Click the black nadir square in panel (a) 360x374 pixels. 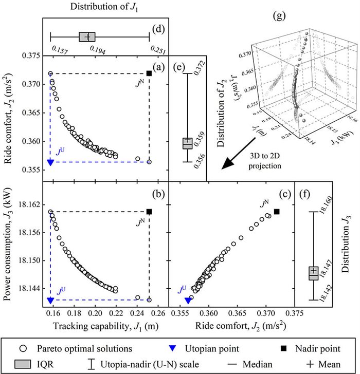click(x=149, y=73)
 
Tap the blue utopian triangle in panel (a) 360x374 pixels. click(x=50, y=162)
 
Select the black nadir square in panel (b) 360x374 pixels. click(x=149, y=212)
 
